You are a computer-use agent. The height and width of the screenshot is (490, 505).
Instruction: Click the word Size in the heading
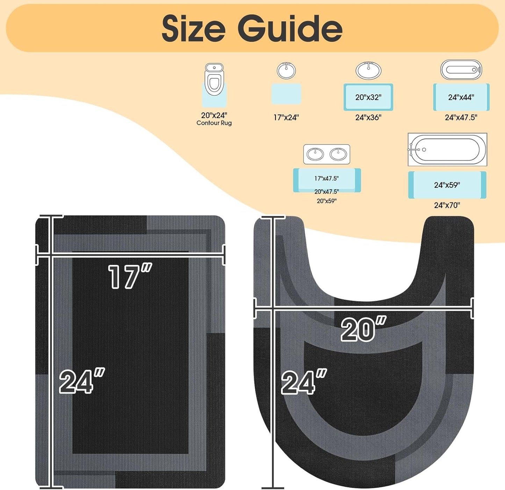point(193,28)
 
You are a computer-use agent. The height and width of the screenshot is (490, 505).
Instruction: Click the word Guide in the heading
point(290,28)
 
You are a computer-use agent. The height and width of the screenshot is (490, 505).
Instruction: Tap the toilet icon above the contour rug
point(214,79)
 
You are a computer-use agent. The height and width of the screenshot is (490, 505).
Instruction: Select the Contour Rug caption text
point(214,123)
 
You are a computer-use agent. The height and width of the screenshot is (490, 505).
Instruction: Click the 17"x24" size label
point(286,117)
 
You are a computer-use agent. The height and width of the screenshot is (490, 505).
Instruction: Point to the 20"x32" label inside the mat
point(368,97)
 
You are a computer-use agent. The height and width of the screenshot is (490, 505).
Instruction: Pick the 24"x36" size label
point(368,117)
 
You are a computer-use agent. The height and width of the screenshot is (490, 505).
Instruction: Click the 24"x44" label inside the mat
point(461,97)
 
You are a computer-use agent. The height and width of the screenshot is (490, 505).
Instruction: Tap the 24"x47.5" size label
point(461,117)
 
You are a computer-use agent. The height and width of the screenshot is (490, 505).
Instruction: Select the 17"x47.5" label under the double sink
point(326,178)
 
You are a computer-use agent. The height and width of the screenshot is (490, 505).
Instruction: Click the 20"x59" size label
point(326,201)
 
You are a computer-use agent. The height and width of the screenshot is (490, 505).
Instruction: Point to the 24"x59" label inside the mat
point(447,185)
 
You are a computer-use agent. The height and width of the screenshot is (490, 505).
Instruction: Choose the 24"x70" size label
point(447,205)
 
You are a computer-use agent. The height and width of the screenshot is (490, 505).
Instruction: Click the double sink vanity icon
point(326,154)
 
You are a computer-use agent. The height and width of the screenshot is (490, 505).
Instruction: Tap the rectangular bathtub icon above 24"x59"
point(447,149)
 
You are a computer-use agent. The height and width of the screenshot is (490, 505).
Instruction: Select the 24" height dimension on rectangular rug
point(81,381)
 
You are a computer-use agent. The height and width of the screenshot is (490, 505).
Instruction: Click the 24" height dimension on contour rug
point(304,382)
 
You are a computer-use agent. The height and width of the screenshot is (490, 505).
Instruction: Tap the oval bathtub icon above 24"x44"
point(461,70)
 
